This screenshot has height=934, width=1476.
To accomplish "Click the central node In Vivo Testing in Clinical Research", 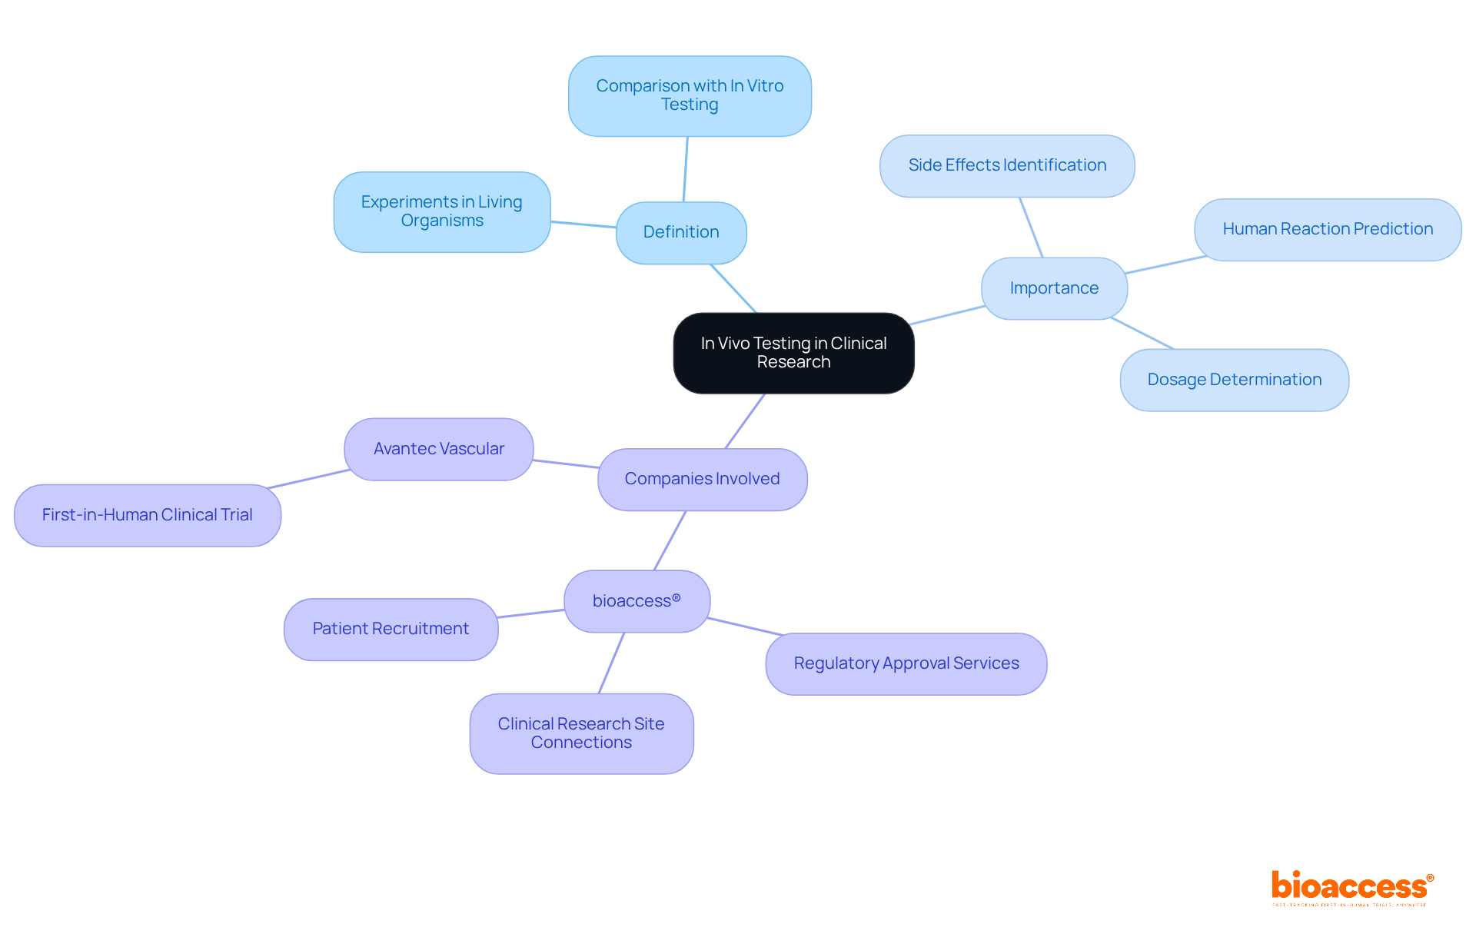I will point(793,353).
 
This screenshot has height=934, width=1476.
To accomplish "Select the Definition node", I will point(681,232).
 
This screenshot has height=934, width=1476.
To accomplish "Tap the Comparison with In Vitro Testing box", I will point(690,96).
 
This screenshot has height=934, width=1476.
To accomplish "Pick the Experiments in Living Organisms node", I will point(441,211).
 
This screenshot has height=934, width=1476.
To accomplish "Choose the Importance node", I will point(1054,288).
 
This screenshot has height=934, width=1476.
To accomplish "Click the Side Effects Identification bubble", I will point(1007,165).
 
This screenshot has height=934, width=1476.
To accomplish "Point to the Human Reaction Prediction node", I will point(1328,229).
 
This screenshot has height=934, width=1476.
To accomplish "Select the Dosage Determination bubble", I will point(1234,380).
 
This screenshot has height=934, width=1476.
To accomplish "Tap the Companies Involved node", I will point(702,479).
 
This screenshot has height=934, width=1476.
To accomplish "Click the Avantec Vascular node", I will point(438,449).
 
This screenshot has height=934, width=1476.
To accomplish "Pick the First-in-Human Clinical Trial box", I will point(147,515).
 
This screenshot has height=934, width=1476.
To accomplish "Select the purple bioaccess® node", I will point(637,601).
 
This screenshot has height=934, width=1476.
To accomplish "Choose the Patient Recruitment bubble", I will point(391,629).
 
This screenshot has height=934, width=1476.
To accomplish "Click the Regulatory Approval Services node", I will point(906,663).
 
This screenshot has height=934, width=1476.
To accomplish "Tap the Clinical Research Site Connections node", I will point(581,733).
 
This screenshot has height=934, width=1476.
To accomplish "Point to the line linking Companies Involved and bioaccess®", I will point(670,540).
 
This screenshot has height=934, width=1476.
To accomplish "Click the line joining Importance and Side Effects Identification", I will point(1031,227).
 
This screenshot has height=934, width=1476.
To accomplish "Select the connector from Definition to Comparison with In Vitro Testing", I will point(686,169).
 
